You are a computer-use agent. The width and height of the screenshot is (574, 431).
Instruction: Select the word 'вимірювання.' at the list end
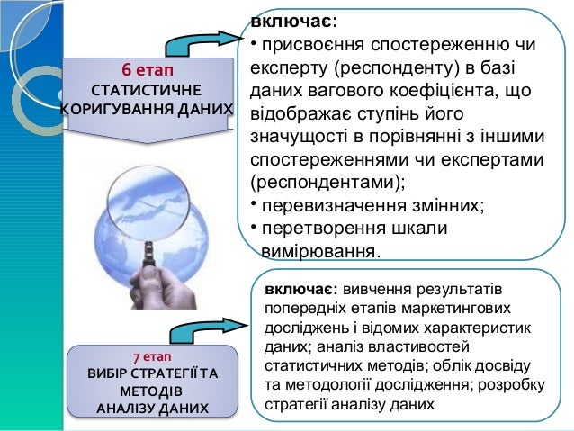pos(320,251)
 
